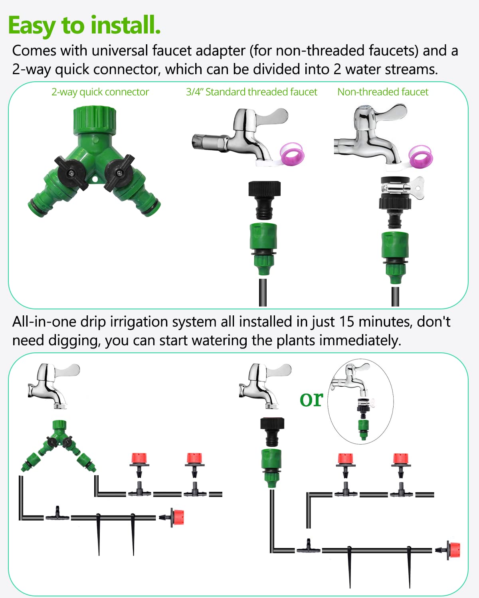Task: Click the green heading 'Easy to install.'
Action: coord(84,26)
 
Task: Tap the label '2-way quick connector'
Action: coord(100,92)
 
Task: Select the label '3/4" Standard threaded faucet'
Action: coord(251,92)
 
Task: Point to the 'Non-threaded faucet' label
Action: coord(383,92)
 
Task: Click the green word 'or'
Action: coord(311,399)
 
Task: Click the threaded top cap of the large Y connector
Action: coord(95,120)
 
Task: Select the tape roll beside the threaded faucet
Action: coord(292,154)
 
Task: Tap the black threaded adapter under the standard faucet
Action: coord(264,200)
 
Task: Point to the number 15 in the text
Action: coord(347,322)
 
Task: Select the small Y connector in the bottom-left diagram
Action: coord(59,446)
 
